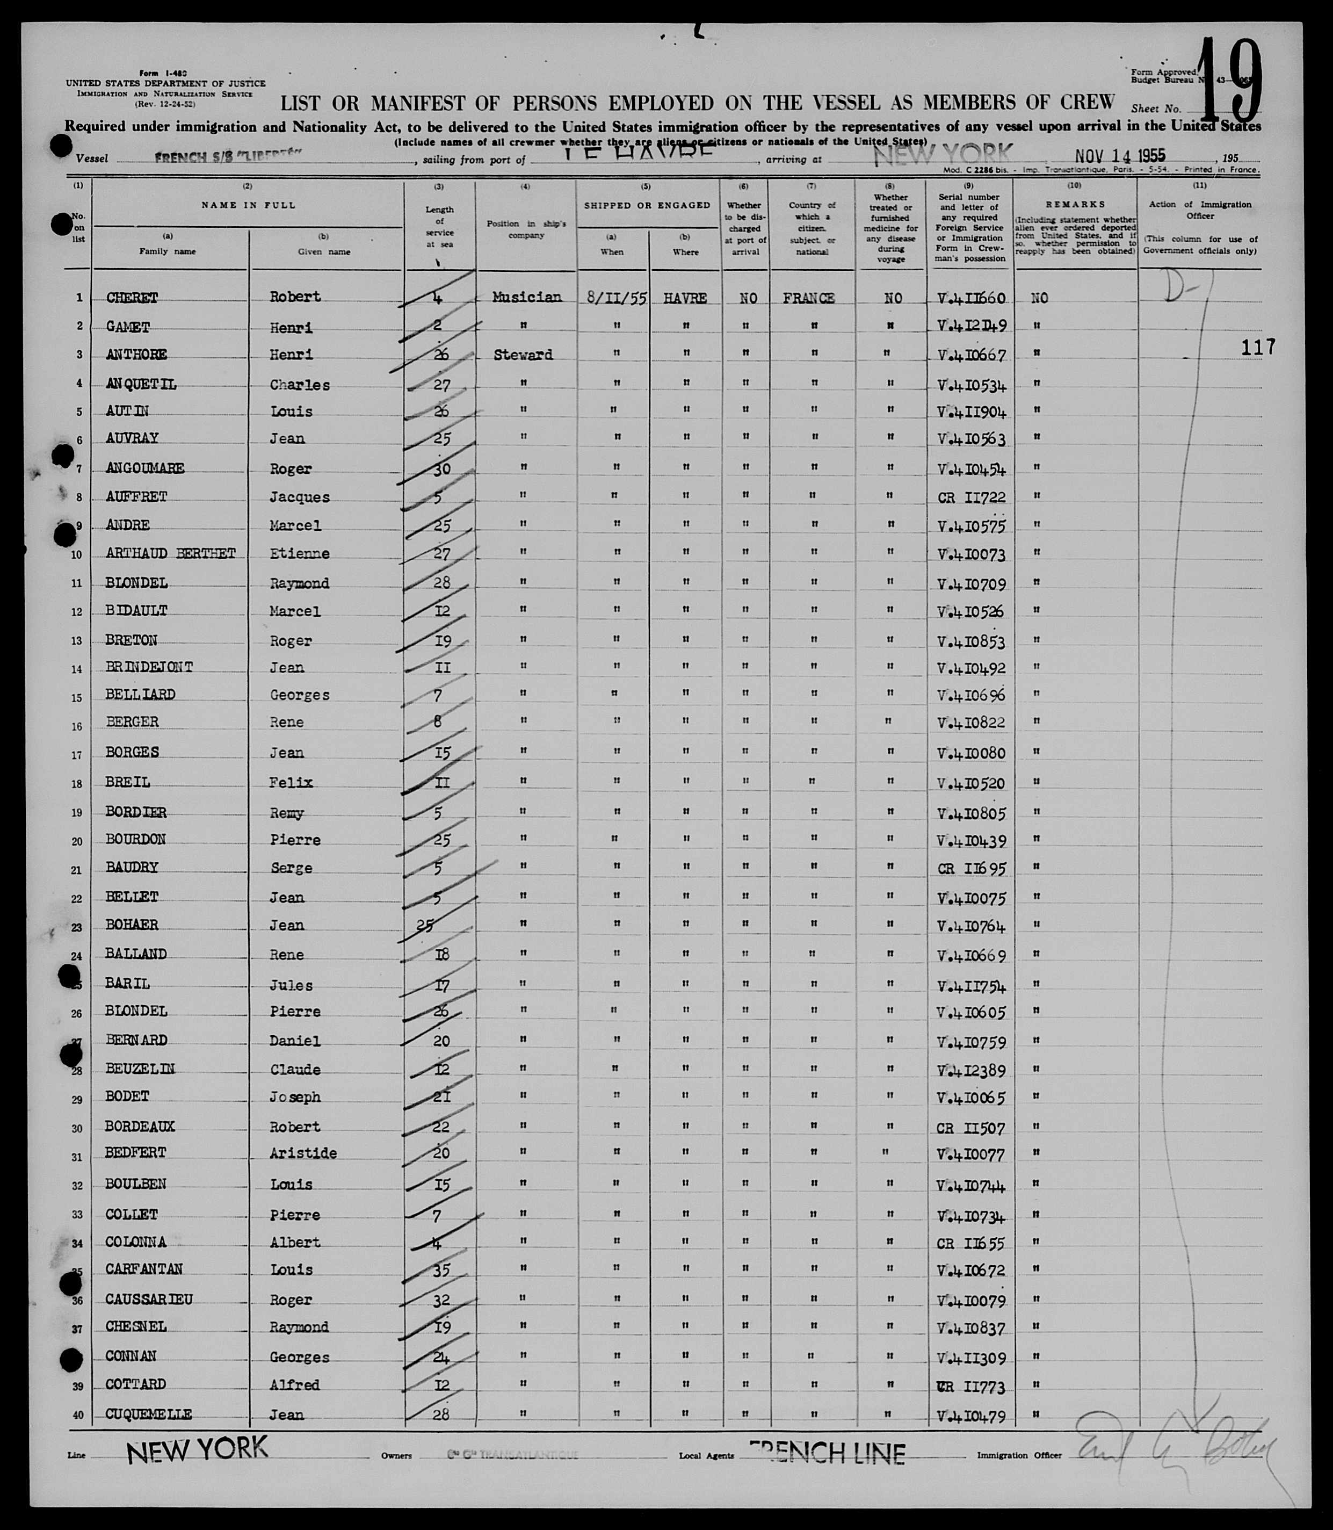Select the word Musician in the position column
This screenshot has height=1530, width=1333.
point(527,297)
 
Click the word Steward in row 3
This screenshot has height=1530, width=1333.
point(523,355)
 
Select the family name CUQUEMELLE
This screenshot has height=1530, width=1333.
point(148,1414)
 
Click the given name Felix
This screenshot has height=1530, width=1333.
point(291,783)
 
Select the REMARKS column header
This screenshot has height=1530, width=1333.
point(1075,204)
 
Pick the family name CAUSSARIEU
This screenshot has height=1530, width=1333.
point(149,1300)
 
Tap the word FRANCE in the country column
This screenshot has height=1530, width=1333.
point(809,298)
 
